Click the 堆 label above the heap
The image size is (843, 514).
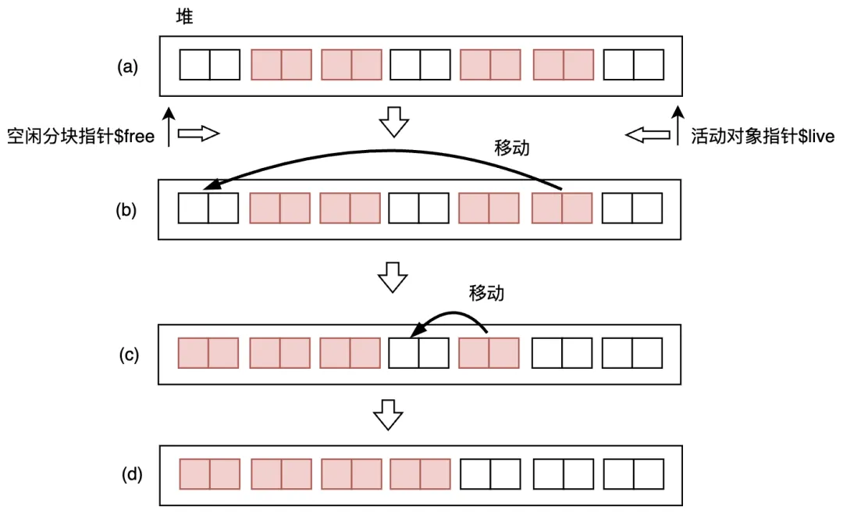tap(187, 16)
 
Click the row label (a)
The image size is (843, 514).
tap(127, 66)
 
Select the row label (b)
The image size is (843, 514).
tap(127, 210)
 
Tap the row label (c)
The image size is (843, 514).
tap(127, 355)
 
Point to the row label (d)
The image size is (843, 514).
tap(127, 473)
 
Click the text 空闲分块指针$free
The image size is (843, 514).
tap(80, 137)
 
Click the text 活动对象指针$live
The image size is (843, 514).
tap(763, 137)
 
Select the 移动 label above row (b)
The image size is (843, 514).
tap(512, 147)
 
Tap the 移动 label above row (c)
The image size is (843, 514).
tap(486, 293)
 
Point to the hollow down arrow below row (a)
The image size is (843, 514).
tap(394, 122)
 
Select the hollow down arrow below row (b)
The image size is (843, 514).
tap(393, 276)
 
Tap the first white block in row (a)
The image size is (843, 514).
tap(209, 65)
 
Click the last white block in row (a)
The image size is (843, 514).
tap(634, 65)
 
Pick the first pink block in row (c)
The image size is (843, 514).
tap(208, 353)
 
